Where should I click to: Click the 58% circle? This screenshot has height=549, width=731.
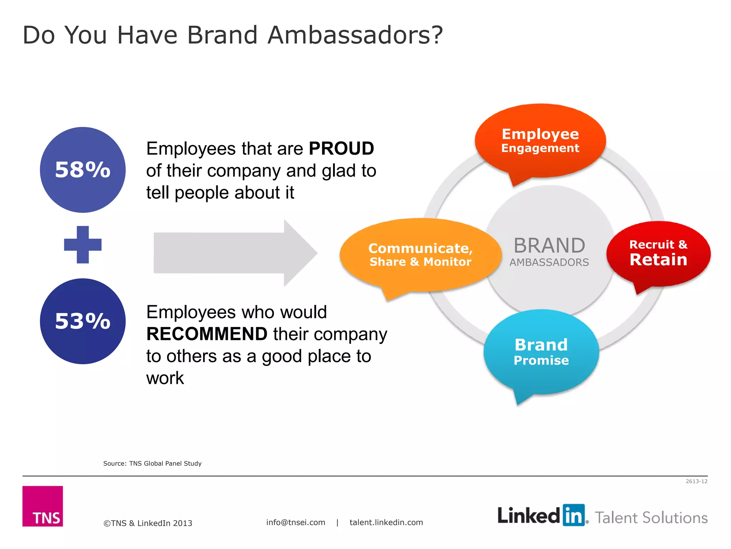click(82, 170)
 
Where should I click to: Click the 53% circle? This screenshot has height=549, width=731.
click(82, 321)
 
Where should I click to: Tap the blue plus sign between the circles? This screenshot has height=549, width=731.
click(82, 245)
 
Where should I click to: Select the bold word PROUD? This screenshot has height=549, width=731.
click(341, 149)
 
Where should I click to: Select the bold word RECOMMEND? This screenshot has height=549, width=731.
click(207, 334)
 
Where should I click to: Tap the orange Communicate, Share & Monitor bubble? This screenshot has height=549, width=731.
click(420, 255)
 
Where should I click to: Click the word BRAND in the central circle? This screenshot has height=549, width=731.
click(549, 246)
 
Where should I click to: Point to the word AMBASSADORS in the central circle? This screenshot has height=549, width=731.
click(549, 262)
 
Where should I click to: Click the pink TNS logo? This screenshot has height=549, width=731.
click(43, 506)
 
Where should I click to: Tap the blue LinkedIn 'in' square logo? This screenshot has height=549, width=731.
click(574, 515)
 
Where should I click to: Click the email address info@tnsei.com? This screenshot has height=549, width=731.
click(296, 523)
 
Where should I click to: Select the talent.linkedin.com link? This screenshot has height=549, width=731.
click(386, 523)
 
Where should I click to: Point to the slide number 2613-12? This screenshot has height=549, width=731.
click(696, 481)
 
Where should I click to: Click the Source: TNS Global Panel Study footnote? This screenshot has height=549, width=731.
click(152, 464)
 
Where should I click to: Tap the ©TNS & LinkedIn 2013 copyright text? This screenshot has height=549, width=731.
click(148, 523)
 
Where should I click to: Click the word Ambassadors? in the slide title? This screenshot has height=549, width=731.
click(355, 35)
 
